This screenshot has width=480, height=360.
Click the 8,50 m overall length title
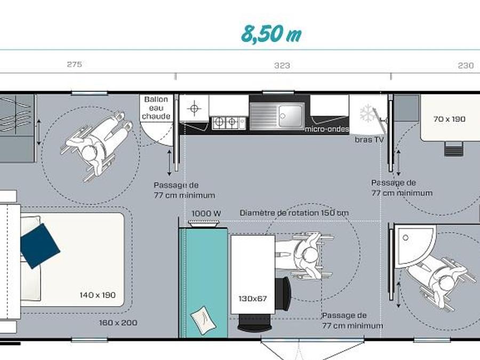tap(271, 34)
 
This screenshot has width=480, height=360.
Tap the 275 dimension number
tap(74, 65)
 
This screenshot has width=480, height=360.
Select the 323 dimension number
tap(282, 66)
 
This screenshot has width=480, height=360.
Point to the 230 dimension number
tap(466, 66)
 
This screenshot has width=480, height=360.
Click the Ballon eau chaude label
tap(156, 108)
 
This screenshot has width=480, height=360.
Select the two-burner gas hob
tap(229, 123)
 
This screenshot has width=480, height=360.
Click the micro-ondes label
tap(327, 129)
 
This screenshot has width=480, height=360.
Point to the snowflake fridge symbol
tap(368, 113)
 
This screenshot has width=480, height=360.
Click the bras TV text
tap(369, 140)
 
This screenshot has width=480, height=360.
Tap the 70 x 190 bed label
tap(449, 119)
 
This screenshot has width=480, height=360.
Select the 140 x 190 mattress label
tap(98, 295)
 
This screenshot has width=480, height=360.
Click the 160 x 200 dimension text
tap(118, 323)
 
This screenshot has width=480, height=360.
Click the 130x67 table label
tap(253, 299)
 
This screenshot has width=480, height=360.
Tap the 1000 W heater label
tap(206, 213)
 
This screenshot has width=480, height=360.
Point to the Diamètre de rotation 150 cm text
tap(294, 213)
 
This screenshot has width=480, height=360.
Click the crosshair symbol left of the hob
tap(194, 108)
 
